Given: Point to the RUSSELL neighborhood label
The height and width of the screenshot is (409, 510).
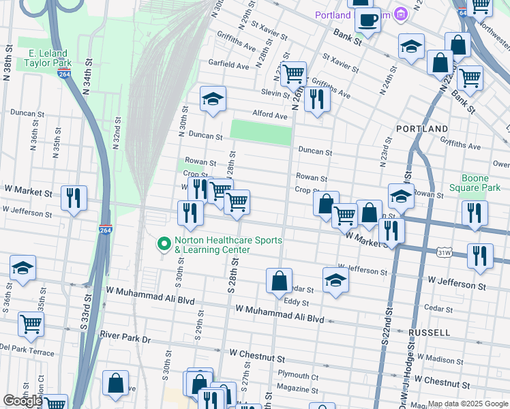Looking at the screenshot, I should [x=429, y=332].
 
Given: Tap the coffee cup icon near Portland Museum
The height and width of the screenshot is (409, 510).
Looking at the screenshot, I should [x=368, y=20].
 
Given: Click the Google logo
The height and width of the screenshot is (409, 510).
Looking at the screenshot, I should [x=22, y=401].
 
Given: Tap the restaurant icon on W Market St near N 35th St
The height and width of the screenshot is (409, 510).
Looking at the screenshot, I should [x=74, y=198].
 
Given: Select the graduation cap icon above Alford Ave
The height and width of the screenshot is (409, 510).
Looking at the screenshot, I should [x=213, y=100].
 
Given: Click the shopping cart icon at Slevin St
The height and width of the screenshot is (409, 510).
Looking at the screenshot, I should [x=293, y=74].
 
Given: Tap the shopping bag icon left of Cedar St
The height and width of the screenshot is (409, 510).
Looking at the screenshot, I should [x=279, y=281].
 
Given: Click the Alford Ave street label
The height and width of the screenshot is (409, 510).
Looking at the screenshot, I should [x=269, y=115].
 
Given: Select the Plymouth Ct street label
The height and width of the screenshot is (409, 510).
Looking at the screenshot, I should [x=298, y=376].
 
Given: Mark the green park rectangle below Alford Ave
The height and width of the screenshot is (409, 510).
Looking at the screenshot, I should [x=261, y=132].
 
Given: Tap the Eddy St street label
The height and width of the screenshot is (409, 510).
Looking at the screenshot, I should [x=297, y=301].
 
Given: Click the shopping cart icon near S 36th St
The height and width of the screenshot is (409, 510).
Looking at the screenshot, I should [x=31, y=324].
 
